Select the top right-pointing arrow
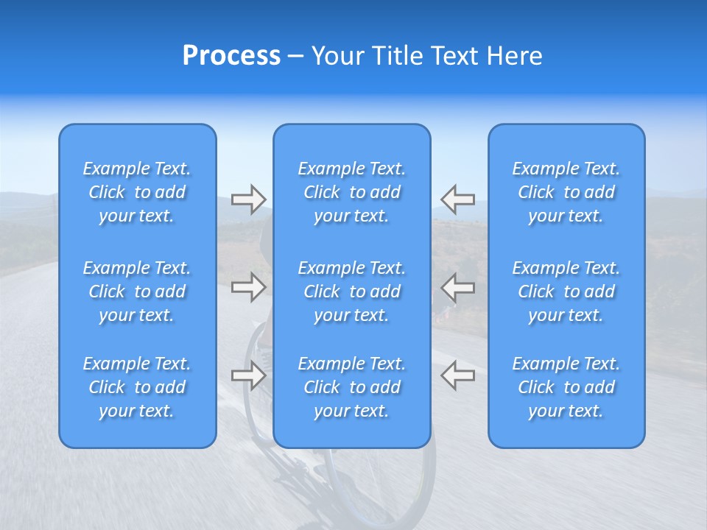(x=248, y=199)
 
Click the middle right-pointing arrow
(x=248, y=287)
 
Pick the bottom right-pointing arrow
(x=248, y=375)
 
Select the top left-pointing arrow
(x=457, y=199)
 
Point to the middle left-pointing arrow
(x=457, y=287)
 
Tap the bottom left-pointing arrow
(x=457, y=375)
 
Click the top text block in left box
(x=137, y=192)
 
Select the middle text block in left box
(x=137, y=291)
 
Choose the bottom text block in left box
(x=137, y=387)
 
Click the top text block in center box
(x=351, y=192)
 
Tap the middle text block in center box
(x=351, y=291)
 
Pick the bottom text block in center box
(x=351, y=387)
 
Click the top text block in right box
(x=566, y=192)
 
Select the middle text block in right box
(x=566, y=291)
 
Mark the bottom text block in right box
(x=566, y=387)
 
